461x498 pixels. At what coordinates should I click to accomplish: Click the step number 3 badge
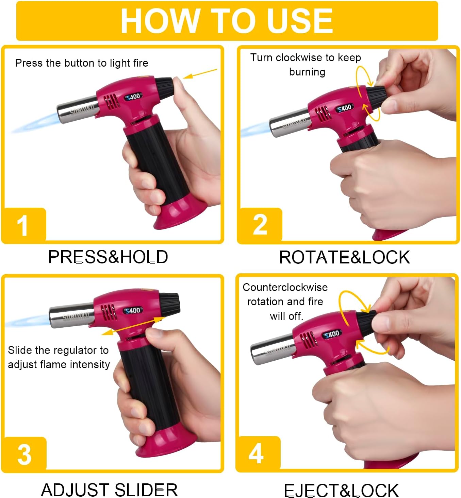tap(24, 454)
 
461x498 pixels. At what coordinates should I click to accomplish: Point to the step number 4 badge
tap(258, 454)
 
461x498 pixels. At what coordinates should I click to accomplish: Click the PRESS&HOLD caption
tap(108, 257)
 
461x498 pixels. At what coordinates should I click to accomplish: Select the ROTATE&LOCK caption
tap(345, 258)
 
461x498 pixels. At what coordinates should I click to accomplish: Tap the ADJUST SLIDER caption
tap(110, 490)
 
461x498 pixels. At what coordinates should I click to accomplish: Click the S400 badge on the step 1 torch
tap(133, 97)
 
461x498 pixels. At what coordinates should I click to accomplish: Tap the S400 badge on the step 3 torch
tap(133, 311)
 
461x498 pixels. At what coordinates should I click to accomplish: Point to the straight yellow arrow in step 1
tap(200, 74)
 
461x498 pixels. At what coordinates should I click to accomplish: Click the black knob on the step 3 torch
tap(169, 304)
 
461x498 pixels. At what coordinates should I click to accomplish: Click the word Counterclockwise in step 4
tap(285, 287)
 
